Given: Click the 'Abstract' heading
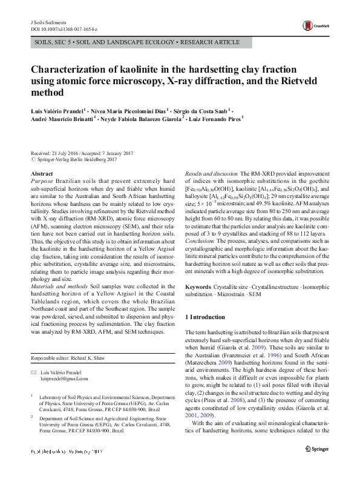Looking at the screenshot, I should click(x=41, y=173).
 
